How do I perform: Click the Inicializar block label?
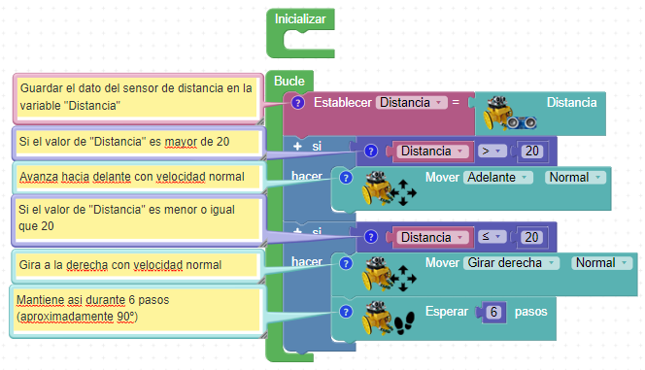tap(300, 18)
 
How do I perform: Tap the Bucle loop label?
tap(289, 81)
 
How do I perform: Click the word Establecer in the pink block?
tap(343, 102)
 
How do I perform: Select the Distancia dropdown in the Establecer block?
tap(411, 102)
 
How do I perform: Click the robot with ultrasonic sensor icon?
tap(509, 114)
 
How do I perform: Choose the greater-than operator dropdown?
tap(492, 151)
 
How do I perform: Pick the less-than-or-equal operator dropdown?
tap(492, 237)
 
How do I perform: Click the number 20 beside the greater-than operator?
tap(532, 151)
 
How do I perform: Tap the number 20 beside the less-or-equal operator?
tap(532, 237)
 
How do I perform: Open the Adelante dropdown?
tap(498, 177)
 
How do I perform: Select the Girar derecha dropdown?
tap(511, 263)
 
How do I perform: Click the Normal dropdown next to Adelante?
tap(575, 177)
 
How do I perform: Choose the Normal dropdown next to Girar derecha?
tap(602, 263)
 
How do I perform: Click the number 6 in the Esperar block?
tap(493, 312)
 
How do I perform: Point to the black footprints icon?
tap(404, 322)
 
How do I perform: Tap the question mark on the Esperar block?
tap(346, 312)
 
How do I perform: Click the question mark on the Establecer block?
tap(298, 102)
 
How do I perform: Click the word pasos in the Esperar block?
tap(530, 312)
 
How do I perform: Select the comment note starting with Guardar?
tap(138, 98)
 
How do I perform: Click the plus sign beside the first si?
tap(297, 146)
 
